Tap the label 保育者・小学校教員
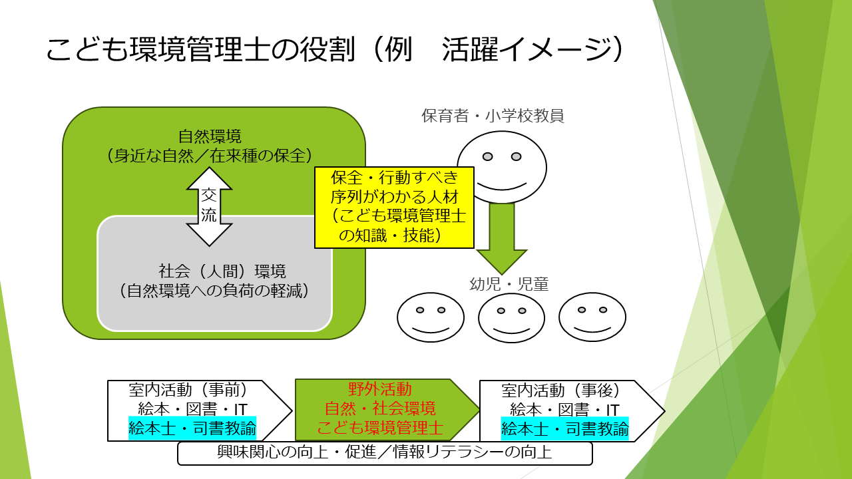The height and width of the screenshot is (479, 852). pyautogui.click(x=493, y=116)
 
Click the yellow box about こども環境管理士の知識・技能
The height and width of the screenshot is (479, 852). pyautogui.click(x=394, y=207)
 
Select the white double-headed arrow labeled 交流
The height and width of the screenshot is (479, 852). pyautogui.click(x=209, y=206)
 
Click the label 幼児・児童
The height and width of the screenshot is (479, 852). pyautogui.click(x=509, y=284)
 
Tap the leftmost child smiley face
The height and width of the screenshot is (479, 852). pyautogui.click(x=431, y=317)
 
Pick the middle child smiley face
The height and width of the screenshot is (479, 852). pyautogui.click(x=511, y=317)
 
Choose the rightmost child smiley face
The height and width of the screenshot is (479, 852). pyautogui.click(x=592, y=317)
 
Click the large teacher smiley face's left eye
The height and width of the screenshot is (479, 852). pyautogui.click(x=487, y=156)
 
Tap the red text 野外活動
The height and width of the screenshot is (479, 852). pyautogui.click(x=380, y=389)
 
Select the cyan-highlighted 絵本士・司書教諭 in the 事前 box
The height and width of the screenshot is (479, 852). pyautogui.click(x=192, y=428)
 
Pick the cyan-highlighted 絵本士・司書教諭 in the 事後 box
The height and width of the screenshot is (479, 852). pyautogui.click(x=564, y=428)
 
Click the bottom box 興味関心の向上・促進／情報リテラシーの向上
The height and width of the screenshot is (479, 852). pyautogui.click(x=385, y=453)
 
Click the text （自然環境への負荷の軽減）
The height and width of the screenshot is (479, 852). pyautogui.click(x=214, y=291)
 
